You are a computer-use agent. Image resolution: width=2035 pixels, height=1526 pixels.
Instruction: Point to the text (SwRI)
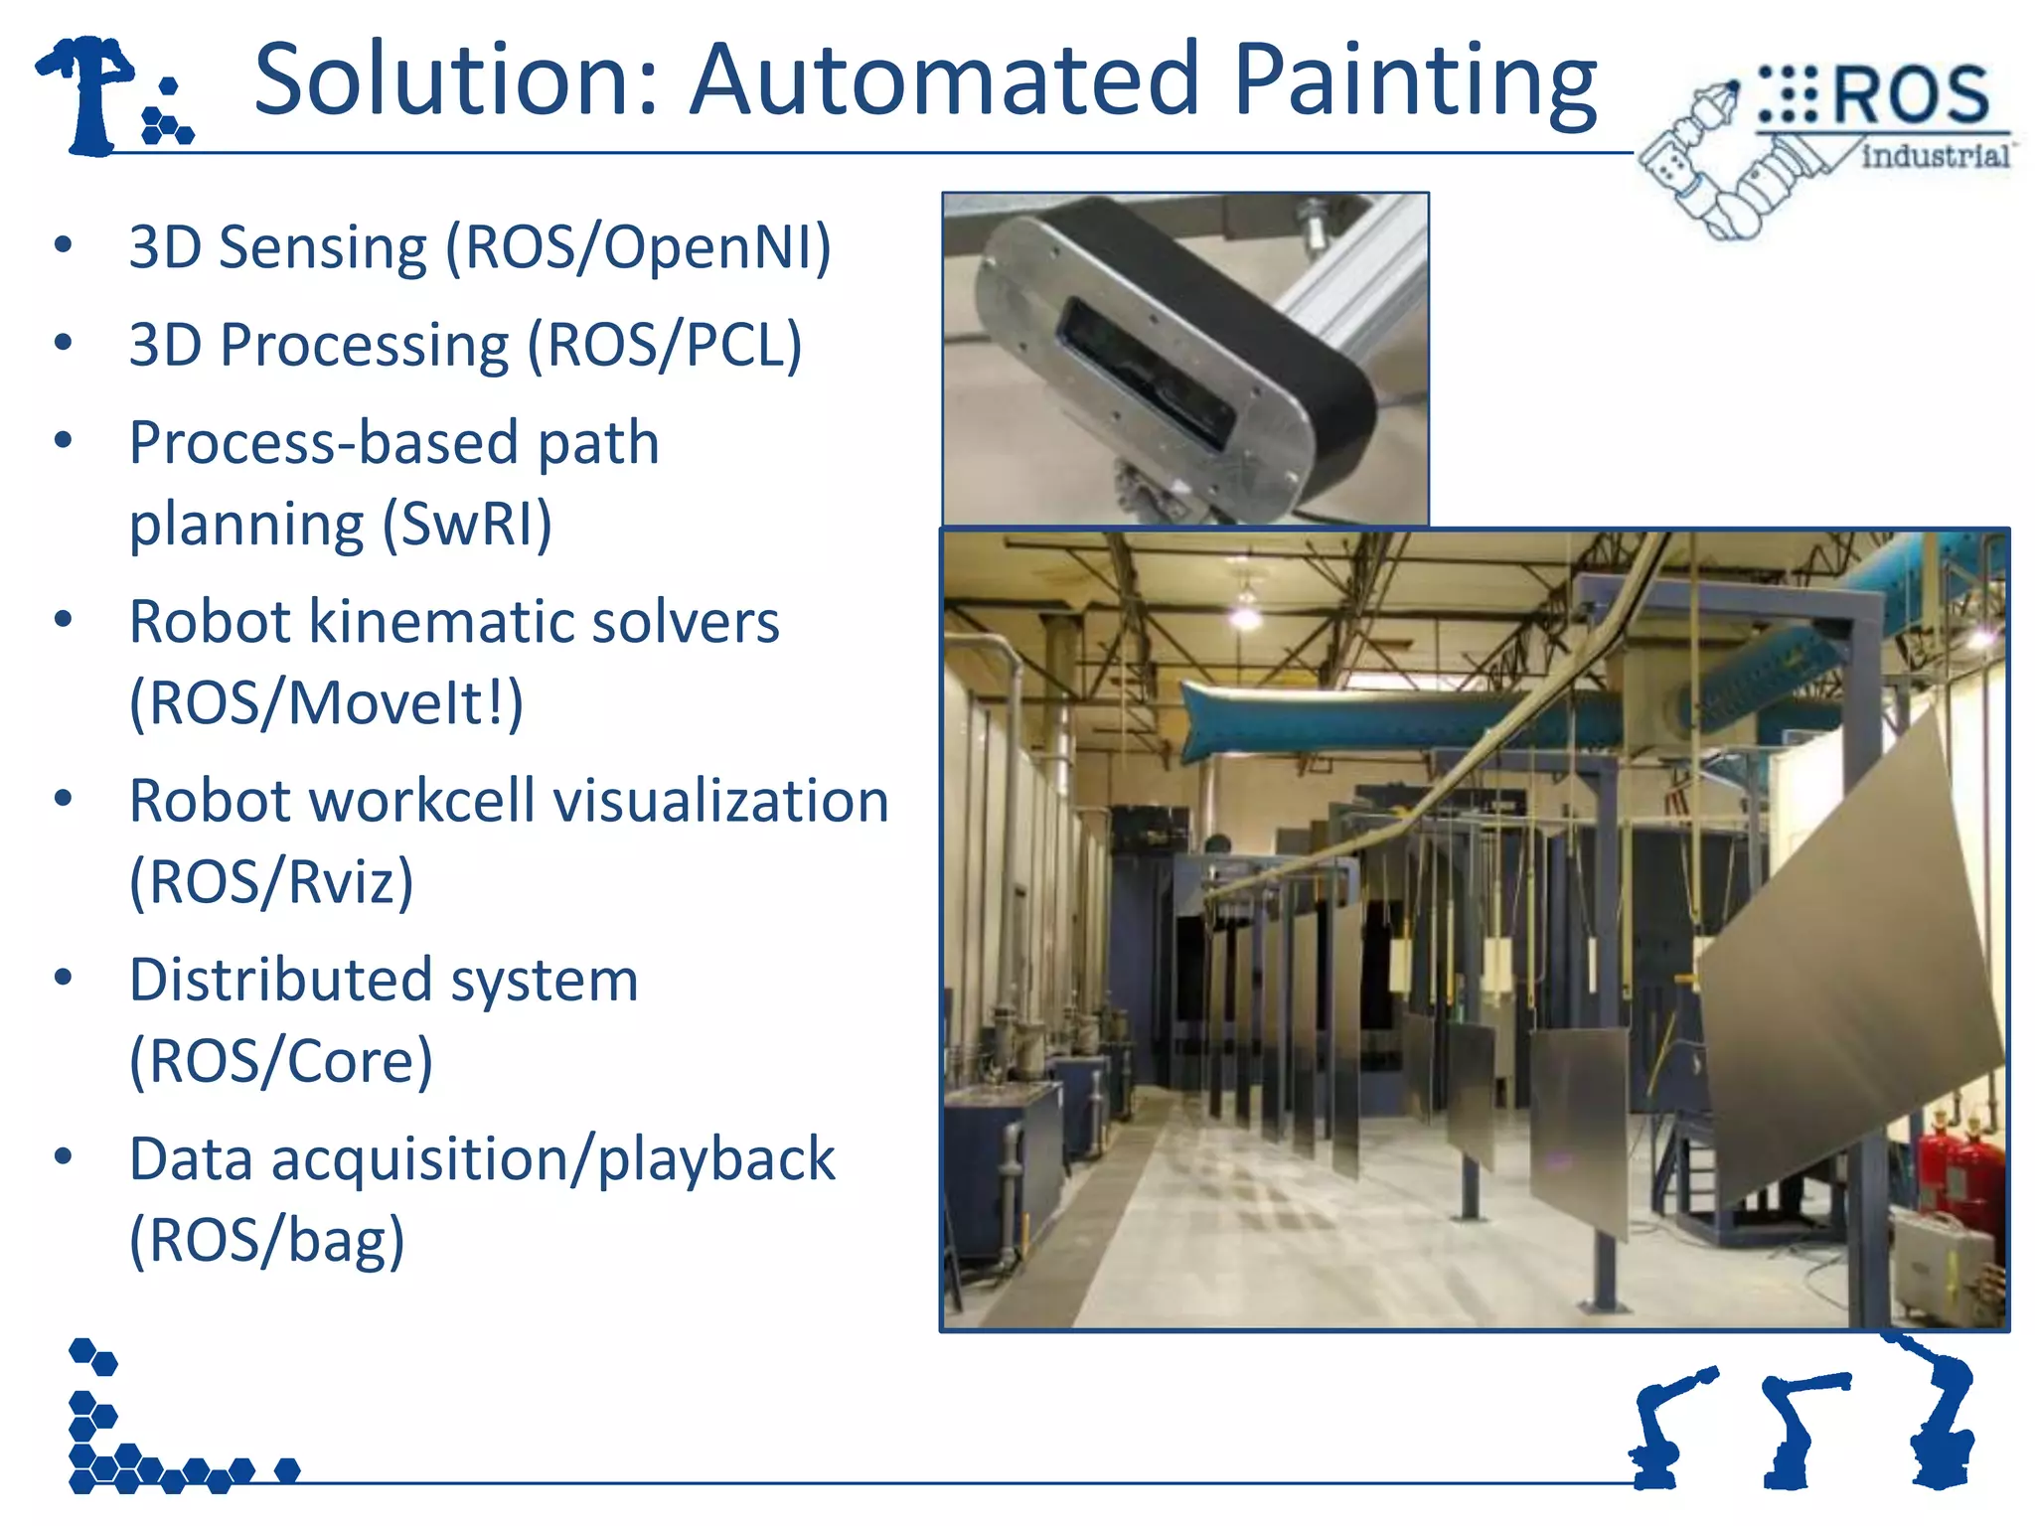[x=467, y=524]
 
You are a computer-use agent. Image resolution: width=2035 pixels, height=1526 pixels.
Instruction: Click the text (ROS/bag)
[x=267, y=1240]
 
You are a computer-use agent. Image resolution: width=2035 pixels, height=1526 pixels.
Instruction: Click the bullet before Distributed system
[x=64, y=978]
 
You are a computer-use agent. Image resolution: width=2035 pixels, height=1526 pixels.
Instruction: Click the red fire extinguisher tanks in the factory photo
[x=1953, y=1172]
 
